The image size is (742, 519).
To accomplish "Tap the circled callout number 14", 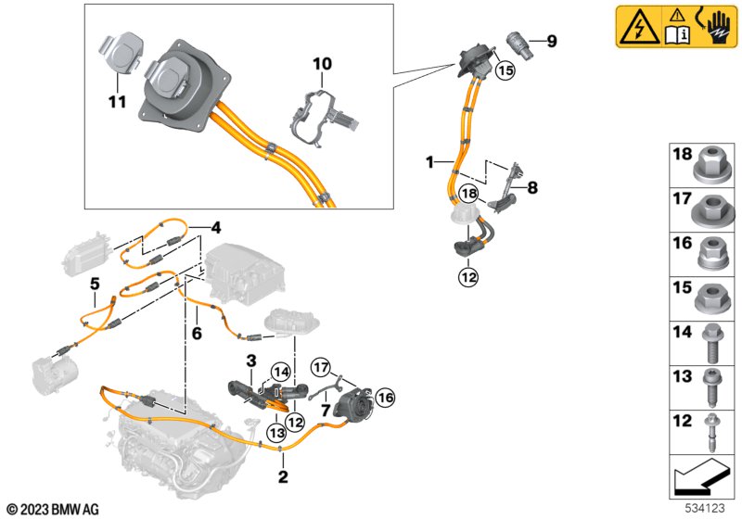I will click(x=280, y=373).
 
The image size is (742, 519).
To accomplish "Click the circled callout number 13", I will click(x=277, y=431).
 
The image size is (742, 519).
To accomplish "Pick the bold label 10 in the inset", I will click(x=321, y=64).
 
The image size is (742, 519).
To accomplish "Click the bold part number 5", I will click(x=94, y=284).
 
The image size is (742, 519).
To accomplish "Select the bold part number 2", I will click(x=283, y=477).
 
